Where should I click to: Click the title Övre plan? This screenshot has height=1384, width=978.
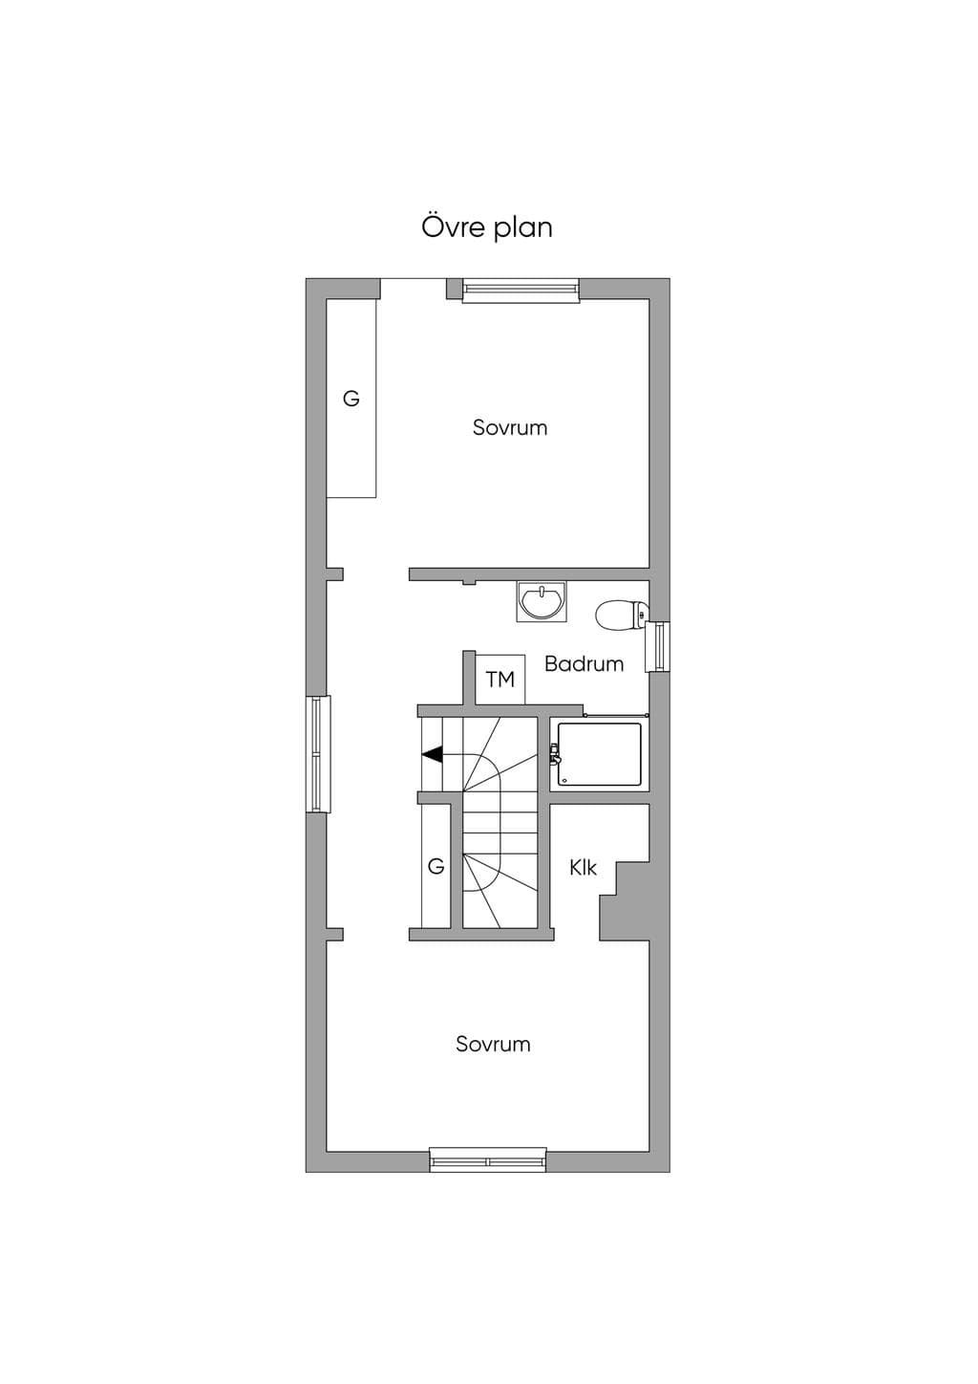coord(486,227)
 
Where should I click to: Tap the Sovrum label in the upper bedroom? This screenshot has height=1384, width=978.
coord(510,427)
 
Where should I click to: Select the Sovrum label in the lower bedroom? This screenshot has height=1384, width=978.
coord(494,1044)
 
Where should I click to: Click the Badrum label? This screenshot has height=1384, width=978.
coord(585,664)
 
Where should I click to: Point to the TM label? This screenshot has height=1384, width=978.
coord(500,680)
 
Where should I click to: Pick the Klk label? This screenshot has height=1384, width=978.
coord(583,868)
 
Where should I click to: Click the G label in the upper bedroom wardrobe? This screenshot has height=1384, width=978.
coord(351,400)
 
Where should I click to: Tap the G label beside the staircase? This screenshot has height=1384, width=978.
coord(436,867)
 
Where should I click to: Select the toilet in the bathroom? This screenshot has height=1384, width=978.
coord(622,615)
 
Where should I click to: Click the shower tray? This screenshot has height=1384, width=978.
coord(600,754)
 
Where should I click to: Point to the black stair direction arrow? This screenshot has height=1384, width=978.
coord(433,754)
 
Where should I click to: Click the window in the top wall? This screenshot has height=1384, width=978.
coord(521,291)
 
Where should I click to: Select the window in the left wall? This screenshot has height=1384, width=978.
coord(318,754)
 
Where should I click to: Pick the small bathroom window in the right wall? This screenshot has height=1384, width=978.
coord(657,647)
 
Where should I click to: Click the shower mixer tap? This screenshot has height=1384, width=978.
coord(555,754)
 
